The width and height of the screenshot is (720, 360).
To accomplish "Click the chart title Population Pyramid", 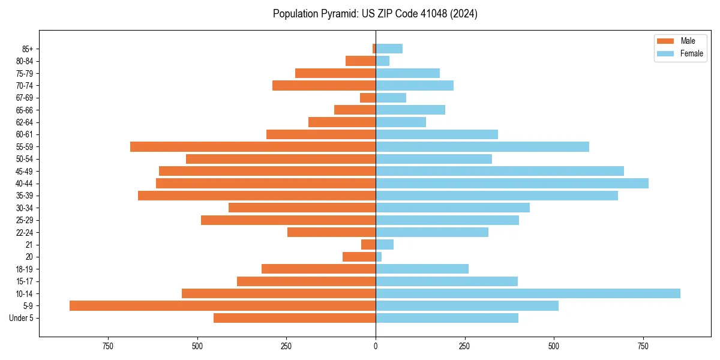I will [375, 14].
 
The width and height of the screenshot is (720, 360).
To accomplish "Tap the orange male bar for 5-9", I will [223, 305].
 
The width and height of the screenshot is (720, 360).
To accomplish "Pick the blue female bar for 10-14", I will [528, 293].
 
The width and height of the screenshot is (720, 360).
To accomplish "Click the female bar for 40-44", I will [512, 183].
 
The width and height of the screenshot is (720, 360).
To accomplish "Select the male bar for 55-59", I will [253, 146].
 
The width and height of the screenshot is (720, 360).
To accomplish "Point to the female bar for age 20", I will [379, 257].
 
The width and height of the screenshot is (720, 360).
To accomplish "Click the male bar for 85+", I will [374, 49].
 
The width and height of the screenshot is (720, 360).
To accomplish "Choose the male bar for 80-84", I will [361, 61].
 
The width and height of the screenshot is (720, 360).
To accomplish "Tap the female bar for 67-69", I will [391, 97].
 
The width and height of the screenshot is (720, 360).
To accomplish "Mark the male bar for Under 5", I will [295, 318].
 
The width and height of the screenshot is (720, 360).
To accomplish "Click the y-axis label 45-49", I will [25, 171].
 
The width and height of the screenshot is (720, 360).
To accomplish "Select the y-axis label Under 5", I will [22, 318].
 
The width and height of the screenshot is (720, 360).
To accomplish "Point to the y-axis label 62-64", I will [25, 122].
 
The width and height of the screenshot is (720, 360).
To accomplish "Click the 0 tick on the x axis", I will [376, 346].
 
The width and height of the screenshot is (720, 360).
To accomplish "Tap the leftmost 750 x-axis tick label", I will [108, 346].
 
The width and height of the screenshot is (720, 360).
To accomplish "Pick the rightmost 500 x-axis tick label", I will [554, 346].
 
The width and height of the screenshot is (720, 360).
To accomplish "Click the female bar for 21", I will [385, 244].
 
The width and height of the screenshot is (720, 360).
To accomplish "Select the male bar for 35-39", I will [257, 196].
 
